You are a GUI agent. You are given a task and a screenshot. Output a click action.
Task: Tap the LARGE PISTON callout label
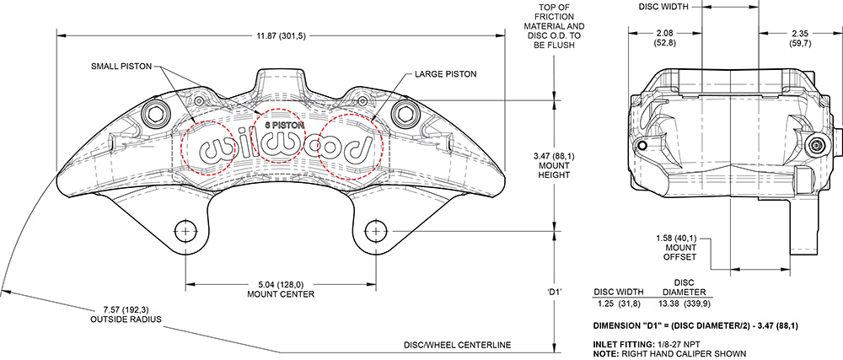445,74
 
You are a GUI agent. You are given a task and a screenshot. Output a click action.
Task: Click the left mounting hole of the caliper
185,230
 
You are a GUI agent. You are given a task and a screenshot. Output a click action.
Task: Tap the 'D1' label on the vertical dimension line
554,292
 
